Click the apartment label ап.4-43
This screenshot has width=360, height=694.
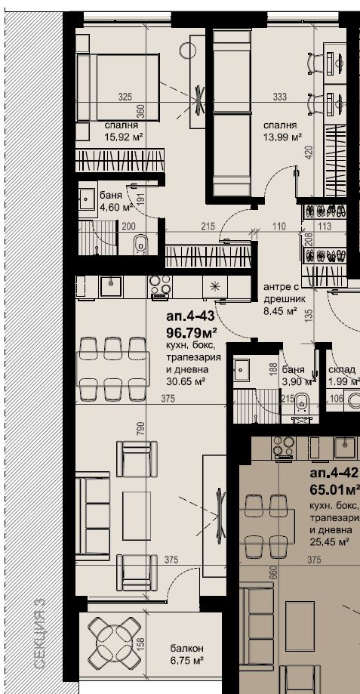[x=190, y=317]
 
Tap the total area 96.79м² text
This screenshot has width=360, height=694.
[x=192, y=332]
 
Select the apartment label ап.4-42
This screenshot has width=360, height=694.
[x=334, y=473]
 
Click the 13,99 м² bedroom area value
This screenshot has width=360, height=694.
[x=282, y=137]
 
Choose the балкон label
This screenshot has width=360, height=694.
[x=187, y=649]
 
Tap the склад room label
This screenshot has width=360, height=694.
[x=342, y=370]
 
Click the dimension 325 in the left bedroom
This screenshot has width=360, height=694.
[x=125, y=97]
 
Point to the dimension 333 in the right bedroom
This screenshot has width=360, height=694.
[x=280, y=97]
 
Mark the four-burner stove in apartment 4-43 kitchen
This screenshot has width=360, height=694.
[x=160, y=285]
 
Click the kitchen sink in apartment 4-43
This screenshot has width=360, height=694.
[x=110, y=286]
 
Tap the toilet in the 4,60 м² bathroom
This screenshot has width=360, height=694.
[x=140, y=245]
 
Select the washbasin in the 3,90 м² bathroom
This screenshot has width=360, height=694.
[x=242, y=368]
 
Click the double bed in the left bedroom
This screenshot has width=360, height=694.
[x=118, y=87]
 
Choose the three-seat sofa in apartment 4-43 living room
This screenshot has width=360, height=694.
[x=92, y=515]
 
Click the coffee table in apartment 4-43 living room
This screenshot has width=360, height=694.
[x=137, y=515]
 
